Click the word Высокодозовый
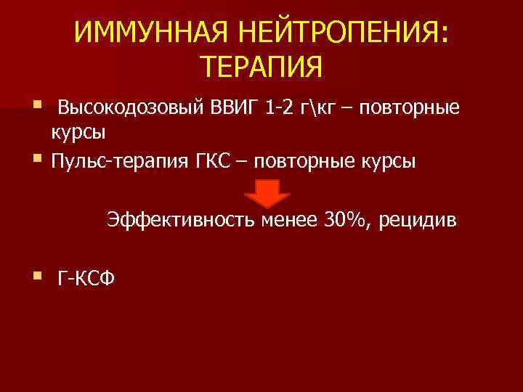coord(130,110)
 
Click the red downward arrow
coord(265,195)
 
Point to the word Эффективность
coord(174,219)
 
